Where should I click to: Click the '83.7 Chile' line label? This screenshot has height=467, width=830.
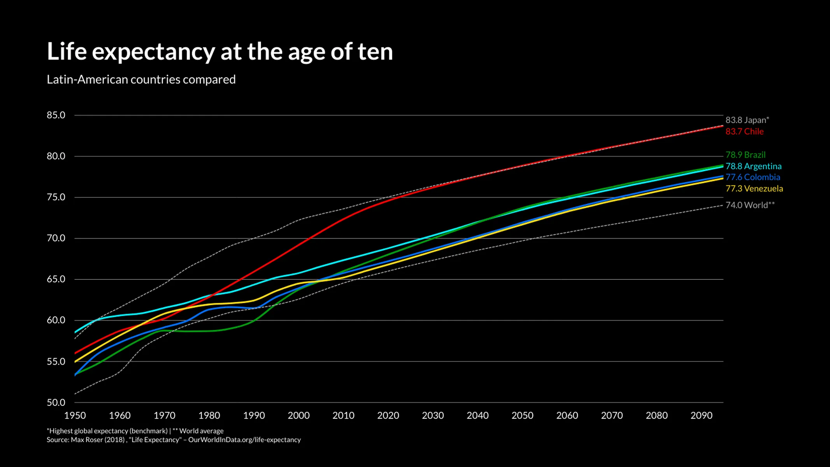744,132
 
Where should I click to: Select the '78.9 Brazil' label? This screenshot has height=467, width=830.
745,155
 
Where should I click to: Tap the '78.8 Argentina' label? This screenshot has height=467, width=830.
753,166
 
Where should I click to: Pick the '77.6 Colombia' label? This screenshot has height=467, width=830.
753,177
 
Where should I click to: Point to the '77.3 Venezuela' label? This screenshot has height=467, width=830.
754,189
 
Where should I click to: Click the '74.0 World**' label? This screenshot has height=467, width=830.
750,205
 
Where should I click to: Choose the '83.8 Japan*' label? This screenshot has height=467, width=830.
747,120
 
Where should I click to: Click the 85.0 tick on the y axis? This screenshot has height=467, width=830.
56,115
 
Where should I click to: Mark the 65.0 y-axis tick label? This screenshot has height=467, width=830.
56,279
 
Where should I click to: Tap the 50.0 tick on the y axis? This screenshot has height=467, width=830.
56,403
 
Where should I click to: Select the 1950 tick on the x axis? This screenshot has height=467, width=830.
75,416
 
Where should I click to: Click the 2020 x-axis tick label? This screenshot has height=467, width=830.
388,416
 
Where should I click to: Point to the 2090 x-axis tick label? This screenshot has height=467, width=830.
701,416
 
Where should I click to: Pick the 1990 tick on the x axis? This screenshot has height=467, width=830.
254,416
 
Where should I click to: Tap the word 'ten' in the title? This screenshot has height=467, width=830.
375,52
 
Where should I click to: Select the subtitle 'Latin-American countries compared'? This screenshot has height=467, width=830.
141,79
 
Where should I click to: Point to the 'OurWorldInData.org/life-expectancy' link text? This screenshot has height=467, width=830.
244,440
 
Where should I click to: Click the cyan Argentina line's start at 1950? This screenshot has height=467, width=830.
75,332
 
